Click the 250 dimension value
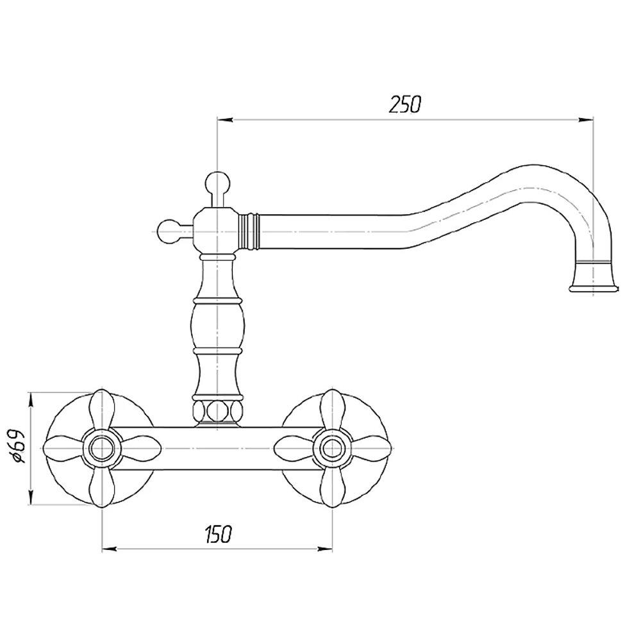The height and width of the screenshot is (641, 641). pos(404,104)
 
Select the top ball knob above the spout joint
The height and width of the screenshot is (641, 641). pos(217,182)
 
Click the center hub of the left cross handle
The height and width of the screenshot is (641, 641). pos(101,449)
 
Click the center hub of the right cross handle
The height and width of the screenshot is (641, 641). pos(331,449)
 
